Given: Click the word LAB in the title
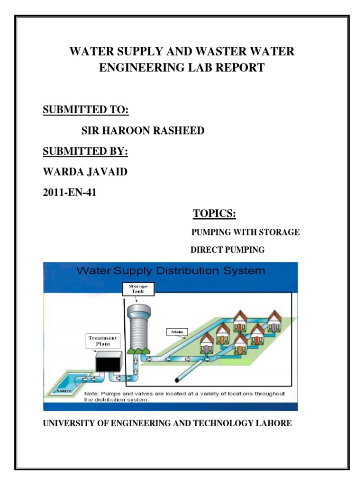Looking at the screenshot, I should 209,68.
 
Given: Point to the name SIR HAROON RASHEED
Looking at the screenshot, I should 143,131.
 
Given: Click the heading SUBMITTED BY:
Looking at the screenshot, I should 86,152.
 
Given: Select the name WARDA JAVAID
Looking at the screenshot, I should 85,172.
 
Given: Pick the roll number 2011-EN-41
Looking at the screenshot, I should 70,192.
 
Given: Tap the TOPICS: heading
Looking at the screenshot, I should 214,214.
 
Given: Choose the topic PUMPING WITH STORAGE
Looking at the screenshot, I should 245,232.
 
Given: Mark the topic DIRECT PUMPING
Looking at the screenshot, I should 227,250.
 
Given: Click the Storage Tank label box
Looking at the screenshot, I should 138,289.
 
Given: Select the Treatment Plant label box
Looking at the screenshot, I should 103,341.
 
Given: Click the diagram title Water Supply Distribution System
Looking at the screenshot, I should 171,271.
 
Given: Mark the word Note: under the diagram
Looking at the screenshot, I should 92,394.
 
